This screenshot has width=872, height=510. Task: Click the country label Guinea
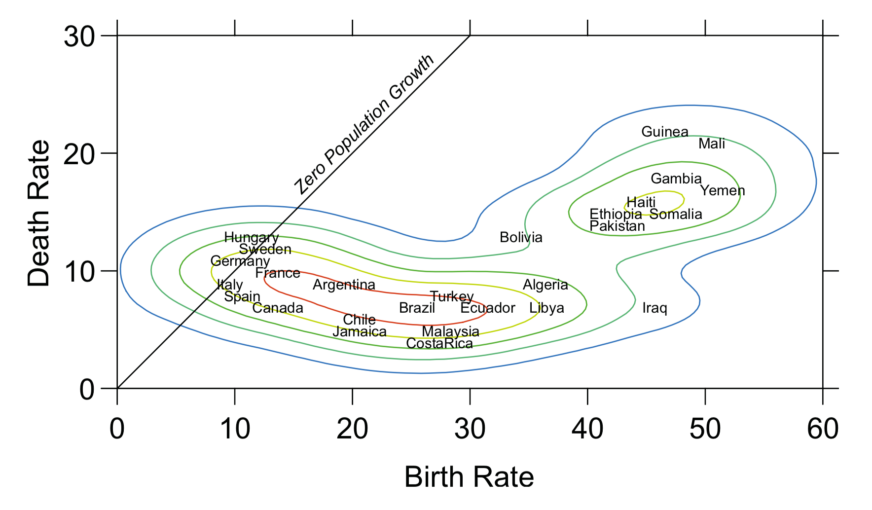(664, 132)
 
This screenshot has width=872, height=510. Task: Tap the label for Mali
(712, 144)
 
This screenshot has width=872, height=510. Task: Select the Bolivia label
(521, 238)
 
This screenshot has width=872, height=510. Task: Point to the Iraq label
(654, 308)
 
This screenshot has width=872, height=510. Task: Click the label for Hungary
(251, 238)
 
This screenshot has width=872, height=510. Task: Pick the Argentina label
(344, 285)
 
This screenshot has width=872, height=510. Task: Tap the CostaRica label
(439, 343)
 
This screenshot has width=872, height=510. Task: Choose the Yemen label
(723, 191)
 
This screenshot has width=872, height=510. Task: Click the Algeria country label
(545, 285)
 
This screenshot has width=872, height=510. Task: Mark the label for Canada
(278, 308)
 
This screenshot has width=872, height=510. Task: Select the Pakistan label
(617, 226)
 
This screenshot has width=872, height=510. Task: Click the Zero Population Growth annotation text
(364, 124)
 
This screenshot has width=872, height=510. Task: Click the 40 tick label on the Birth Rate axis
(587, 428)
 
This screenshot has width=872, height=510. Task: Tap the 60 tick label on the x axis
(822, 428)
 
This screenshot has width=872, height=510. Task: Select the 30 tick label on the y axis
(79, 37)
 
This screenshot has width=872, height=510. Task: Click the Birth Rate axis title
(469, 477)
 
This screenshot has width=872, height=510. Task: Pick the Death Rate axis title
(39, 213)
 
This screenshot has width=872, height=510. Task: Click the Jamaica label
(359, 332)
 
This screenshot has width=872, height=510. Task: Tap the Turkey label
(451, 297)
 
